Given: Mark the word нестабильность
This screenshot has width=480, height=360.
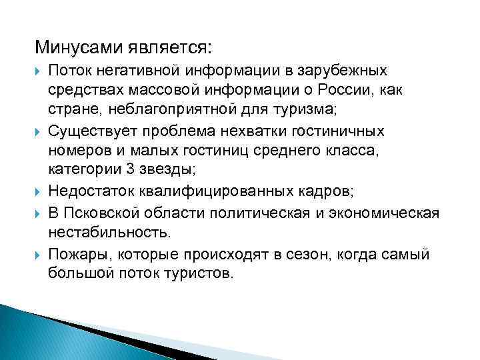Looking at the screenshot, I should (109, 232).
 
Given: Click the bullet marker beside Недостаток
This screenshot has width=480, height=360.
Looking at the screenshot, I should (39, 193).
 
